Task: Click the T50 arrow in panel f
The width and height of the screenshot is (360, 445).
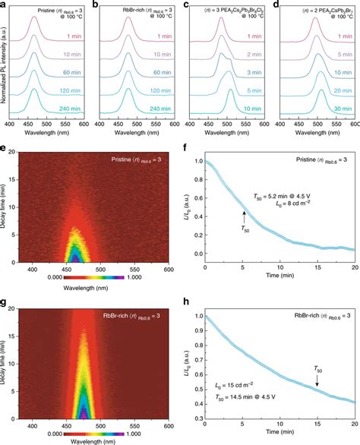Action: pyautogui.click(x=245, y=219)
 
